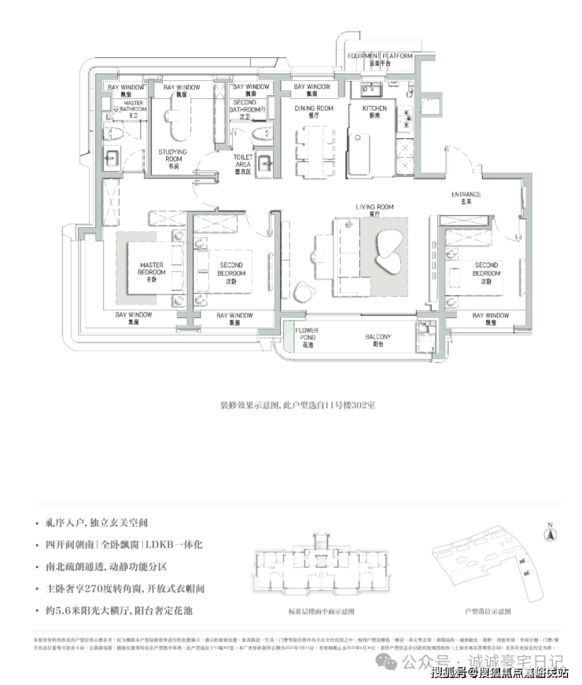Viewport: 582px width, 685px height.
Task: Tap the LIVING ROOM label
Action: pyautogui.click(x=374, y=210)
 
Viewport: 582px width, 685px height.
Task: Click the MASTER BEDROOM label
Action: pyautogui.click(x=150, y=273)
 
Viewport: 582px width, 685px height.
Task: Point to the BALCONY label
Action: pyautogui.click(x=378, y=339)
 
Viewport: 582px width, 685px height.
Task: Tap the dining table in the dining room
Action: pyautogui.click(x=313, y=151)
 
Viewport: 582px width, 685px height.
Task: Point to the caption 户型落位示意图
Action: pyautogui.click(x=488, y=610)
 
